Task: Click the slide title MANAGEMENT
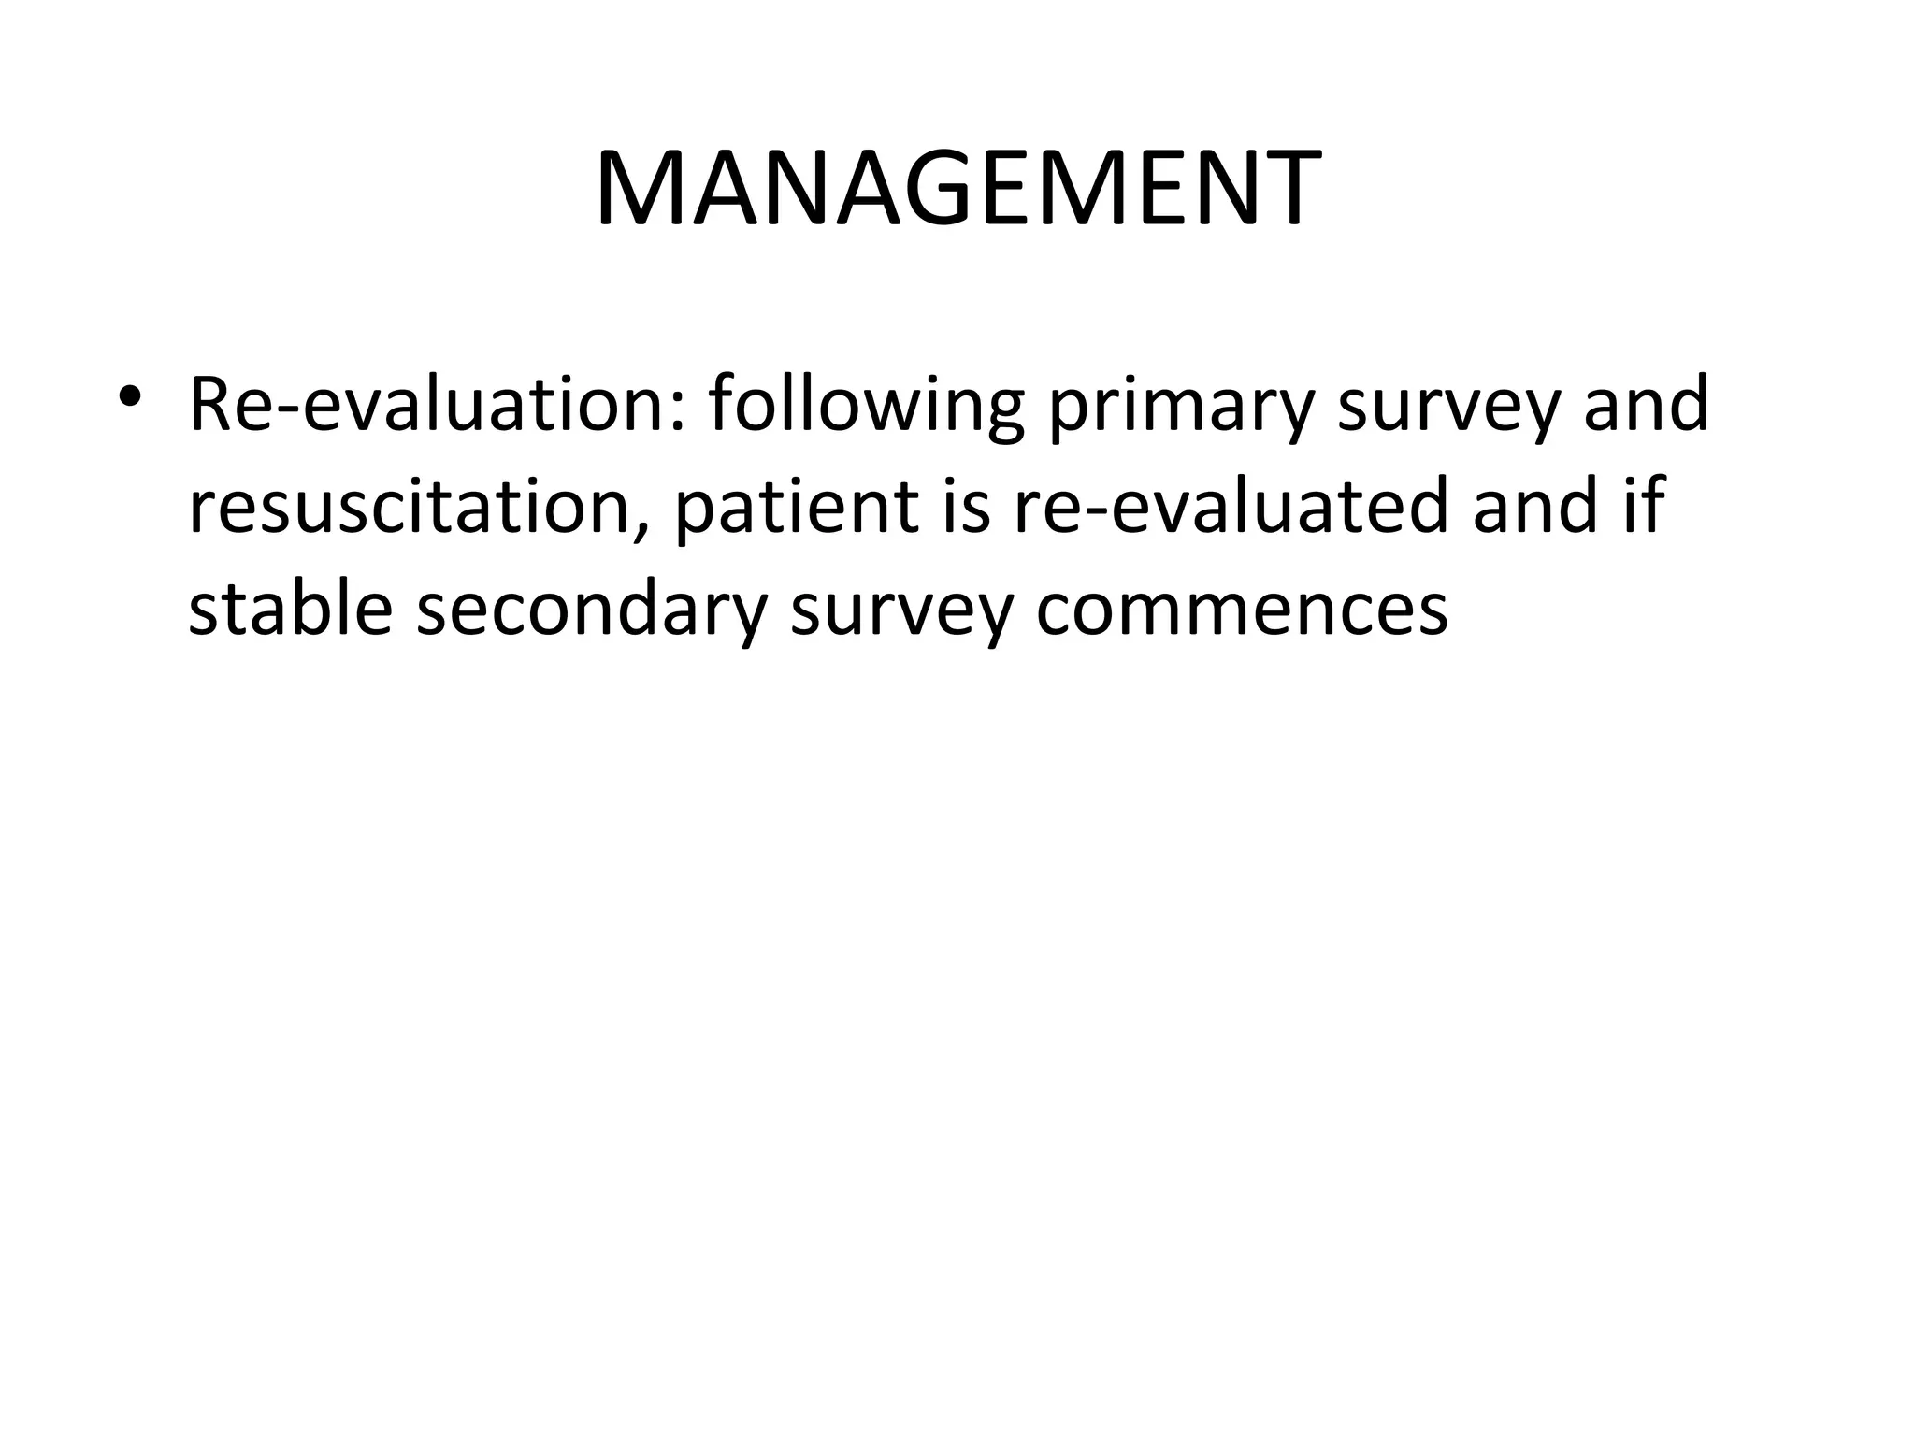click(x=957, y=190)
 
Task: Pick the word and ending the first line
click(x=1646, y=405)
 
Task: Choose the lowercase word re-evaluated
click(x=1231, y=507)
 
